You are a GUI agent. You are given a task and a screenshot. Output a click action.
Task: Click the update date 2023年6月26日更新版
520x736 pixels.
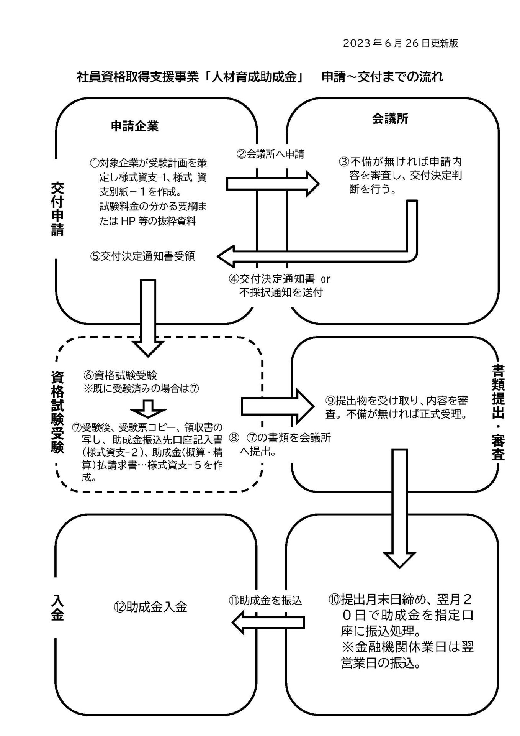pyautogui.click(x=400, y=43)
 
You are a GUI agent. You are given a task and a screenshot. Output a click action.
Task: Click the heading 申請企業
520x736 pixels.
pyautogui.click(x=134, y=127)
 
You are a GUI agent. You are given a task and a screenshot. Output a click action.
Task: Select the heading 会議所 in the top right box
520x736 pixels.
pyautogui.click(x=390, y=119)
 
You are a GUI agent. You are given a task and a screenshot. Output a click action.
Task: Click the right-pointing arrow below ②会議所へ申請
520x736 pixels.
pyautogui.click(x=273, y=184)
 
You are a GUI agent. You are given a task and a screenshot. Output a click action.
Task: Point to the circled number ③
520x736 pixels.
pyautogui.click(x=343, y=161)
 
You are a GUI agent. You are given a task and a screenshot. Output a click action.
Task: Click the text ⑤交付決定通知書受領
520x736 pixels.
pyautogui.click(x=142, y=256)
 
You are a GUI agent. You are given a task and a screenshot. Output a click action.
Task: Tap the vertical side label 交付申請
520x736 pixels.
pyautogui.click(x=57, y=209)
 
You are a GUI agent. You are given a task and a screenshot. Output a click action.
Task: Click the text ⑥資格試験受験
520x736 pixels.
pyautogui.click(x=120, y=375)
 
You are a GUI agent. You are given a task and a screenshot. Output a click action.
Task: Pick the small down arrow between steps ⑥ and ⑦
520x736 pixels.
pyautogui.click(x=148, y=409)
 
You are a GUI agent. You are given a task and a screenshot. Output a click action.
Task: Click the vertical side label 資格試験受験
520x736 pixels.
pyautogui.click(x=57, y=412)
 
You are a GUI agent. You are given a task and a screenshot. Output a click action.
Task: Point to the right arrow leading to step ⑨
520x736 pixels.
pyautogui.click(x=278, y=406)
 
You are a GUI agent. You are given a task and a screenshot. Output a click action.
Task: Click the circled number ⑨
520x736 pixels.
pyautogui.click(x=330, y=401)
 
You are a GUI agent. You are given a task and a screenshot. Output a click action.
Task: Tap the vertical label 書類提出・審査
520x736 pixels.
pyautogui.click(x=498, y=412)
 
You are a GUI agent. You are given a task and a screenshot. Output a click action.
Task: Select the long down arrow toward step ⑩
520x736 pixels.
pyautogui.click(x=399, y=508)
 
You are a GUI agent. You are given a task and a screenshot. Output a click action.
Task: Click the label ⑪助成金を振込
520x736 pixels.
pyautogui.click(x=265, y=600)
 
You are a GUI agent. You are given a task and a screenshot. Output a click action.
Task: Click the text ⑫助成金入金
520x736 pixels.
pyautogui.click(x=150, y=607)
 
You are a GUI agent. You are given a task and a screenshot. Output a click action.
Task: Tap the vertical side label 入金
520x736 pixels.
pyautogui.click(x=57, y=607)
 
